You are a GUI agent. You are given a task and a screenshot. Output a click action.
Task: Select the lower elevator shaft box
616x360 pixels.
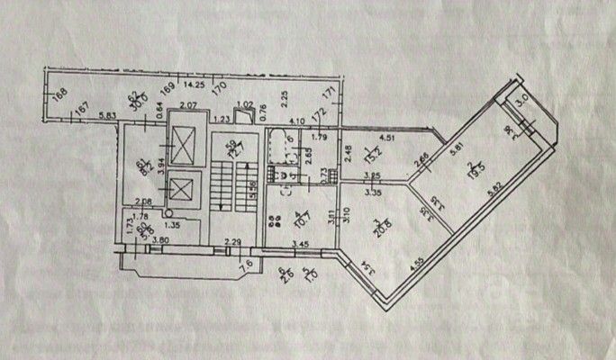click(x=182, y=189)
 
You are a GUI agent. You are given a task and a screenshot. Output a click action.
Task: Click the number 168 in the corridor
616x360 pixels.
click(x=59, y=90)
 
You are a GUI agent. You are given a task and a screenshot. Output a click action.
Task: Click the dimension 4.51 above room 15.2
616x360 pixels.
click(x=388, y=139)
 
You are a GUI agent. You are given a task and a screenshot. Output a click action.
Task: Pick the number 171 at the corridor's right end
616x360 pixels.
click(x=330, y=93)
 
